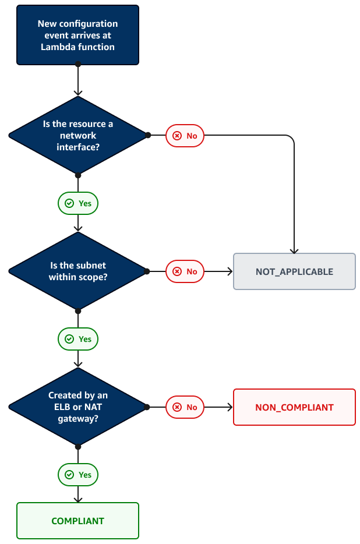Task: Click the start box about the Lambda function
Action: (x=77, y=35)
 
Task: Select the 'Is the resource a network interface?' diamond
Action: (x=77, y=135)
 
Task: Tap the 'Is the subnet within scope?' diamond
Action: (x=77, y=271)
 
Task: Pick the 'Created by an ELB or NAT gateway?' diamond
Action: (x=77, y=407)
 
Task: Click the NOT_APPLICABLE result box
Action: (x=294, y=271)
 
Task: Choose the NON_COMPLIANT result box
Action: (x=294, y=407)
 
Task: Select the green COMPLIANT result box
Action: (x=77, y=521)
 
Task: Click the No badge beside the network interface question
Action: (x=185, y=136)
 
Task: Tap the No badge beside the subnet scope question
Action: (x=185, y=271)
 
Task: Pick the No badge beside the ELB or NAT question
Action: (x=185, y=407)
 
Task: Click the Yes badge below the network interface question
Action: (x=78, y=203)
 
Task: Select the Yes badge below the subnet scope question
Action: (x=78, y=339)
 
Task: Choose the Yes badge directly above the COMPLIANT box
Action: (x=78, y=475)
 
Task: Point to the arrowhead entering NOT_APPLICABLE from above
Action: (x=294, y=250)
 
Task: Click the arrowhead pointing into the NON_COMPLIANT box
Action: (x=230, y=407)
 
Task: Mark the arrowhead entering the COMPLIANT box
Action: (x=78, y=499)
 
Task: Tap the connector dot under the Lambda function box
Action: (x=78, y=64)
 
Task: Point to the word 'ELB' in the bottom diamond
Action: (x=57, y=407)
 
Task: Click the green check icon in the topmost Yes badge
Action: (x=69, y=203)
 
